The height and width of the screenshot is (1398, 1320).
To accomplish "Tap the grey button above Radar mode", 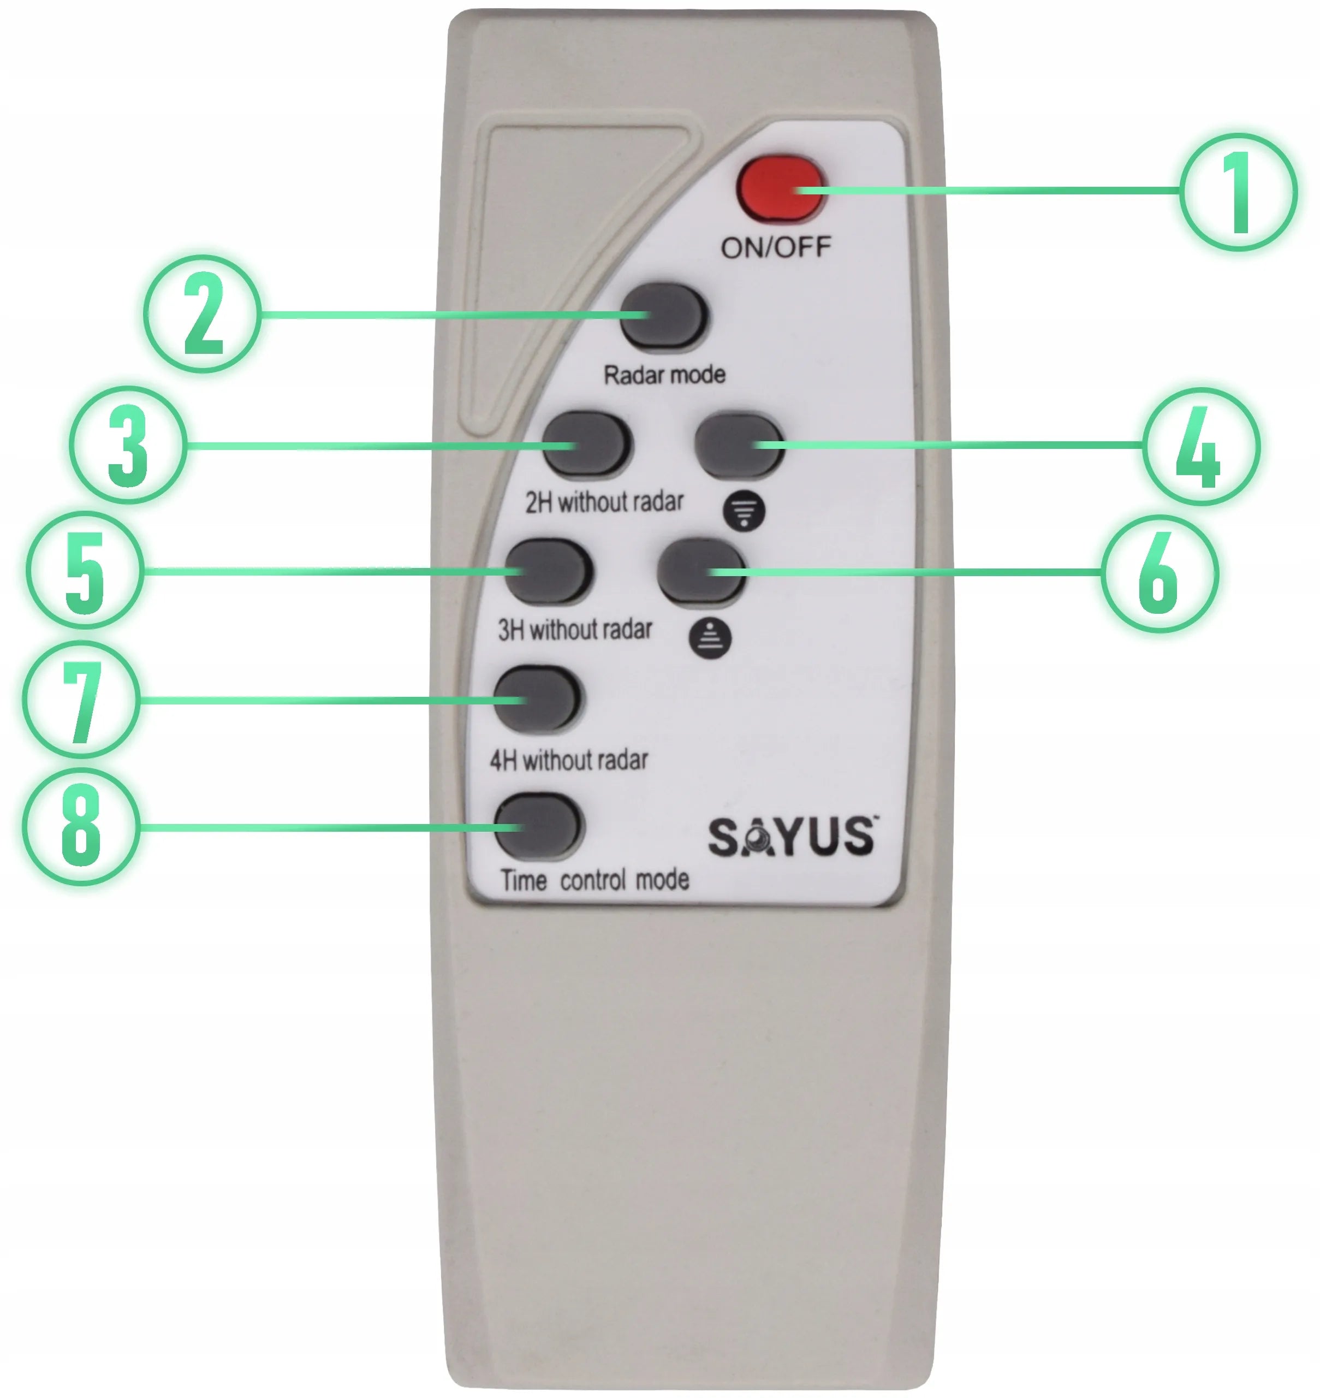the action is click(663, 316).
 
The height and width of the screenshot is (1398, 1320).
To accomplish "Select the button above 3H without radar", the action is click(549, 572).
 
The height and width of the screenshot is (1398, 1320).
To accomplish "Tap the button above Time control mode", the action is click(538, 825).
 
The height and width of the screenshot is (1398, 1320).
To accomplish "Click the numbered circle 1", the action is click(1238, 192).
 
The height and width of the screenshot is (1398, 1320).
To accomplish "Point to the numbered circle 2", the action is click(203, 314).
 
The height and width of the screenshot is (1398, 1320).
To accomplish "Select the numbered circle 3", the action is click(129, 445).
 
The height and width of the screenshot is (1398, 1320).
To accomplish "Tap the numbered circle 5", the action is click(85, 570).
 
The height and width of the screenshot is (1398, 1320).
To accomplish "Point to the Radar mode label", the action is click(665, 375).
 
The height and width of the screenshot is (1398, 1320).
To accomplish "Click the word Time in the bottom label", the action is click(524, 880).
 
